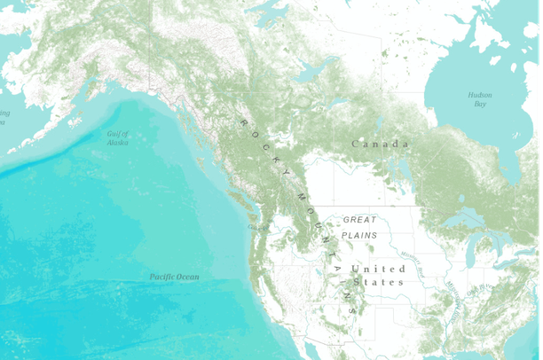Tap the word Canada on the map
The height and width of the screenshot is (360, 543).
click(380, 144)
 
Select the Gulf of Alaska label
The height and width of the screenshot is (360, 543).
click(117, 137)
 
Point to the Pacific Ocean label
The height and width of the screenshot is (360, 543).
click(174, 277)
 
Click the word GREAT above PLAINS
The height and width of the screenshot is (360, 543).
click(359, 219)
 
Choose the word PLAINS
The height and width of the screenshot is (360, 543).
click(359, 235)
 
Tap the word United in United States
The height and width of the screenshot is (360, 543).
click(366, 269)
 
